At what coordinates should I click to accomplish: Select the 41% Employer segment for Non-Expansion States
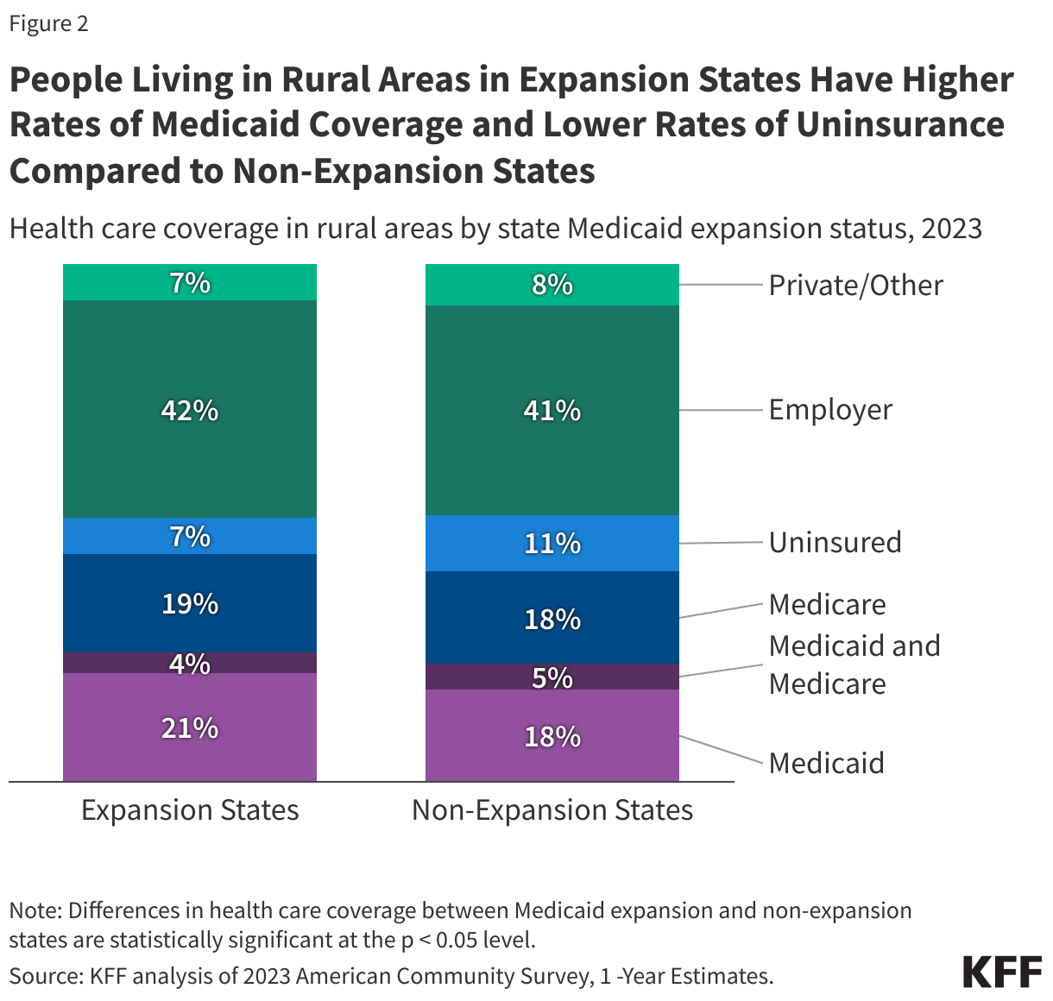552,410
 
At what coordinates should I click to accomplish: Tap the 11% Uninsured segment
552,543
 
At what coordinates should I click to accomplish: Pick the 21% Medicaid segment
190,728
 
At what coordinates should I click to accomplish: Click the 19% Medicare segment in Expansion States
190,603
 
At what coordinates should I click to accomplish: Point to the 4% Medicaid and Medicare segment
190,663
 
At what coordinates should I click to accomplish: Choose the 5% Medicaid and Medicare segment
552,677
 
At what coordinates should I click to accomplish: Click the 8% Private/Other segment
552,284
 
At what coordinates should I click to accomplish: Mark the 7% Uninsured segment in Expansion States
190,536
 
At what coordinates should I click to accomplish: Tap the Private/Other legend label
855,285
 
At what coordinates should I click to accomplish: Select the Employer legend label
830,409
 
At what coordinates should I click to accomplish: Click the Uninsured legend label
835,542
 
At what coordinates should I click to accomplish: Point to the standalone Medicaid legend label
826,763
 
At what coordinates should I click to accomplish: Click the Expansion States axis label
190,809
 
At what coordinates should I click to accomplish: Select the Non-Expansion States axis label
552,809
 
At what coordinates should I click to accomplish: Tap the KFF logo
1002,972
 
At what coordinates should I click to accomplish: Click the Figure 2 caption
48,23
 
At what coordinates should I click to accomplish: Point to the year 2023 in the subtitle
951,229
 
